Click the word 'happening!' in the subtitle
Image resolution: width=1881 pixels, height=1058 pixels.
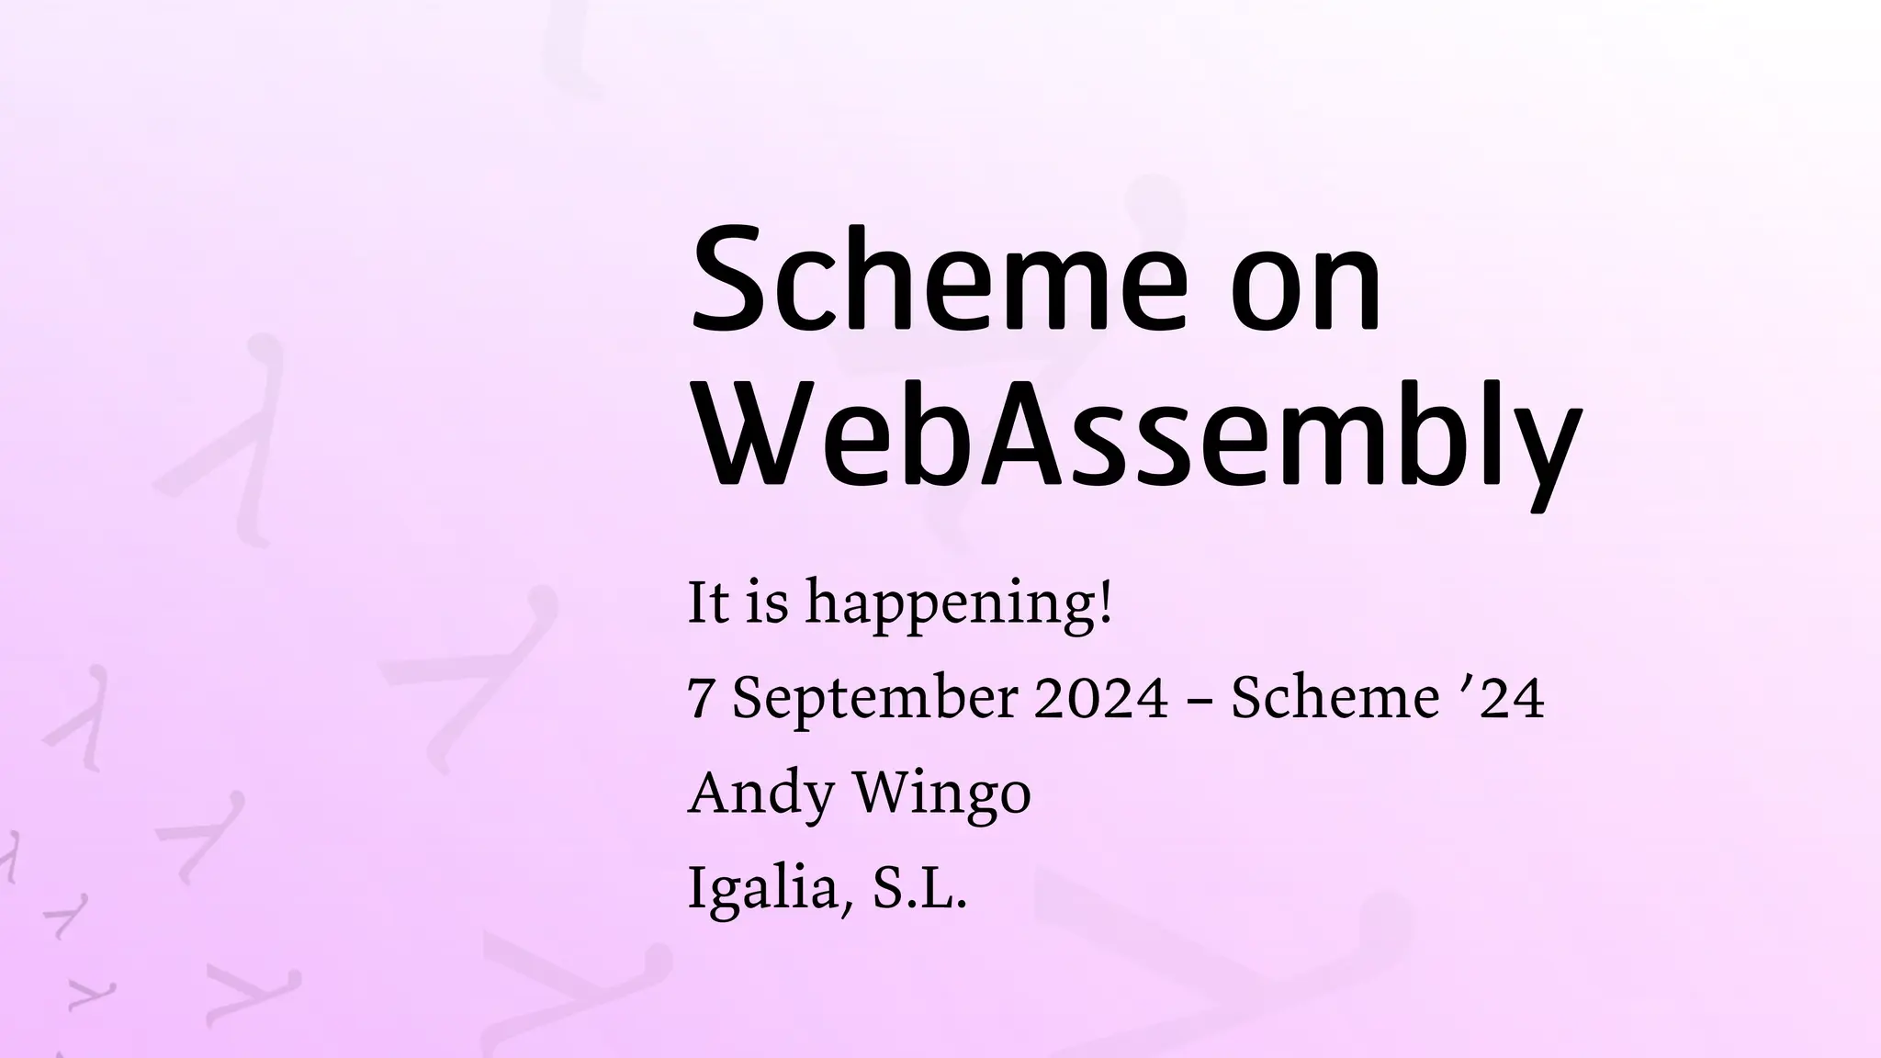click(x=959, y=605)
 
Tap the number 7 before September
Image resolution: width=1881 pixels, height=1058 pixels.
click(x=700, y=700)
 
